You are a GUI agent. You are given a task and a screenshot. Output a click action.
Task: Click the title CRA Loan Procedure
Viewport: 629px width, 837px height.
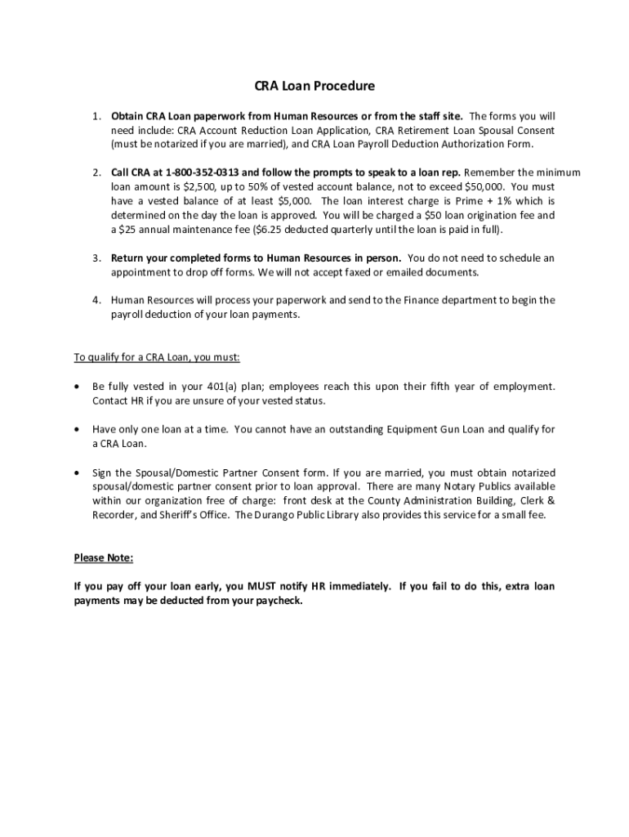click(314, 86)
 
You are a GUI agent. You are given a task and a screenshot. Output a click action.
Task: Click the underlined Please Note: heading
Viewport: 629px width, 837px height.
click(103, 558)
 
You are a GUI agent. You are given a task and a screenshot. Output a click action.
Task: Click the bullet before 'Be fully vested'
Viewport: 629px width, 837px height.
click(77, 386)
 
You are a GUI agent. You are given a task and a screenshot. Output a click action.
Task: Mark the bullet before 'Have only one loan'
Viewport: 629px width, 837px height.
click(77, 429)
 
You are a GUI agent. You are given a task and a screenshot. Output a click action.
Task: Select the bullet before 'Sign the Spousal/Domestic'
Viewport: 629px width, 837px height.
click(77, 473)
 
